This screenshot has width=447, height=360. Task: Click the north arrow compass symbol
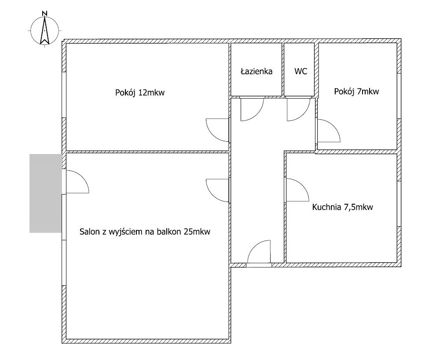coord(44,30)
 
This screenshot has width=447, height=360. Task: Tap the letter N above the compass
coord(44,13)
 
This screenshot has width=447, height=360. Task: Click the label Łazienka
coord(256,71)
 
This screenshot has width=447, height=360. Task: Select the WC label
coord(301,71)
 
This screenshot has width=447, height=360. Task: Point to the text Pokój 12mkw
coord(140,92)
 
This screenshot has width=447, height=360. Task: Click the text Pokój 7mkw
coord(357,91)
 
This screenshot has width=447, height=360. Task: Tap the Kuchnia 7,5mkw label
coord(342,207)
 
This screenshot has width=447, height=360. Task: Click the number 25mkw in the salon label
coord(197,231)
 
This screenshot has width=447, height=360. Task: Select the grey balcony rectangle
coord(46,193)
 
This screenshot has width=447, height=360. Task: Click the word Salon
coord(88,231)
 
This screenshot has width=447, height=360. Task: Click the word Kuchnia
coord(326,207)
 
